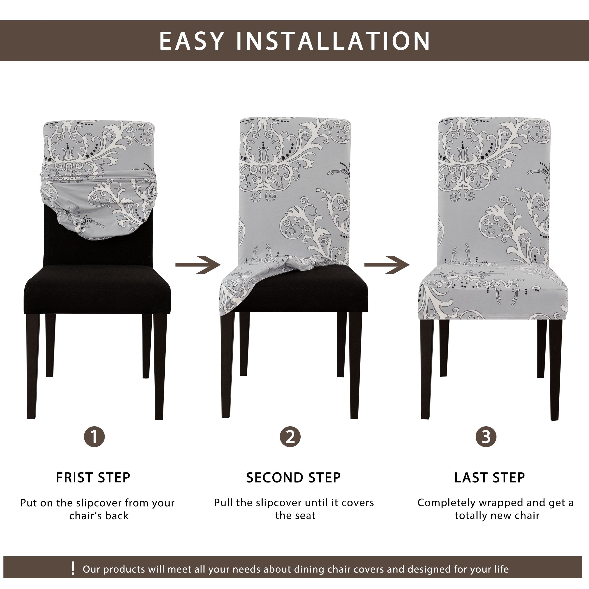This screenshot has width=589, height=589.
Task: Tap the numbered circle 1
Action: [x=94, y=437]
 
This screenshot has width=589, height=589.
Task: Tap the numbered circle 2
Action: [x=290, y=437]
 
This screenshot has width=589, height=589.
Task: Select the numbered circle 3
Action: [x=486, y=437]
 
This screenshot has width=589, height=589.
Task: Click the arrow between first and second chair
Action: [x=198, y=265]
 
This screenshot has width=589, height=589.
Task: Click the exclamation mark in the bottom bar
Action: [x=73, y=569]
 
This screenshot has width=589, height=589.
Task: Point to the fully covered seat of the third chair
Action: [x=492, y=293]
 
